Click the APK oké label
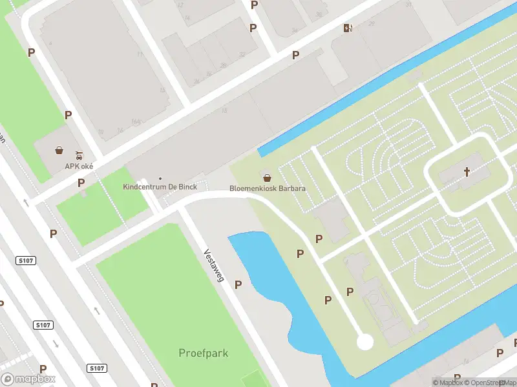pos(79,166)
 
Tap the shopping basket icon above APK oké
pos(59,150)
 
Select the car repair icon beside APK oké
pos(79,155)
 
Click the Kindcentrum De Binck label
pos(160,187)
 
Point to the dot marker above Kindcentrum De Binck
pos(160,179)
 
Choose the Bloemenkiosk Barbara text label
pos(268,189)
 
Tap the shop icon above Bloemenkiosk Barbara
pos(266,177)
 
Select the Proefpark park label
pos(204,353)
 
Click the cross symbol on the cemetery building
pos(467,172)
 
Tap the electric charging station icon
pos(348,28)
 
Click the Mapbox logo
pos(28,379)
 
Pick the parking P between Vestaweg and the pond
pos(238,284)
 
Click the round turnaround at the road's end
pos(365,341)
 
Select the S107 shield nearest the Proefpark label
pos(97,368)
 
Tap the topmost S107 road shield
pos(25,260)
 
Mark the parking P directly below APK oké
pos(81,183)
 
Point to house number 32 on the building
pos(242,54)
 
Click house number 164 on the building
pos(136,121)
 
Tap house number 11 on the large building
pos(140,54)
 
